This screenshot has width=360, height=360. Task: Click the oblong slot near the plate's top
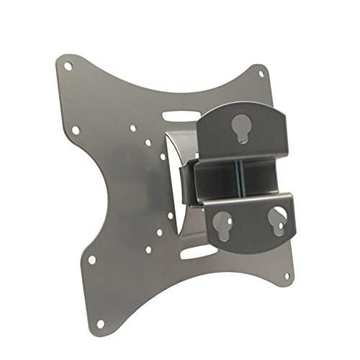click(x=181, y=116)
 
